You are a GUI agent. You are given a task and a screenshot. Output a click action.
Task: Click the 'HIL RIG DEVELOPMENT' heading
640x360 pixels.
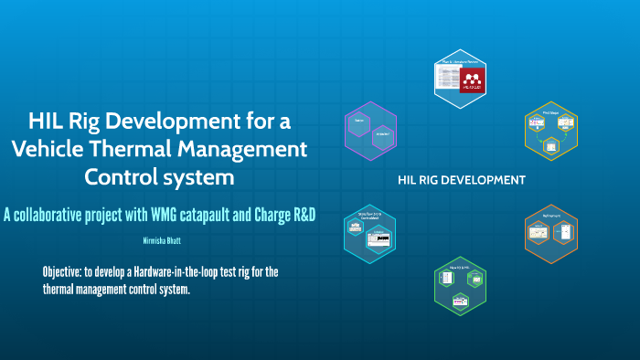(461, 180)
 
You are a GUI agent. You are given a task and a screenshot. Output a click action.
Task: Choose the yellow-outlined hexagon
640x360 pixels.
(551, 133)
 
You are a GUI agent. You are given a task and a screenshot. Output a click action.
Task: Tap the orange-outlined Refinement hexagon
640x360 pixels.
(551, 233)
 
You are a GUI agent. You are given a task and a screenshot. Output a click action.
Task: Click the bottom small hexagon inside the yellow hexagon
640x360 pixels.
(550, 146)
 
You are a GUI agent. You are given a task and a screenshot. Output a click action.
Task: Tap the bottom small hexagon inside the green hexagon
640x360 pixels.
(460, 299)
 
